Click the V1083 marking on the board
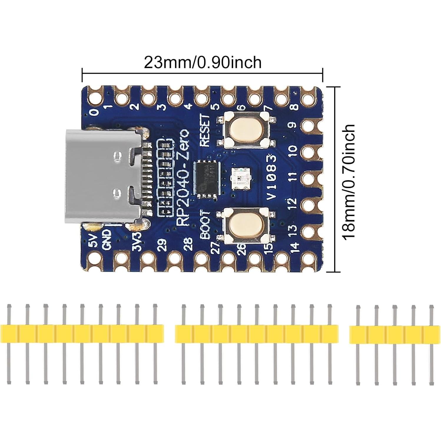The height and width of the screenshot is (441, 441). click(x=272, y=178)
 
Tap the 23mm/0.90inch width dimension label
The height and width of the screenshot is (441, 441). click(x=203, y=63)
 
